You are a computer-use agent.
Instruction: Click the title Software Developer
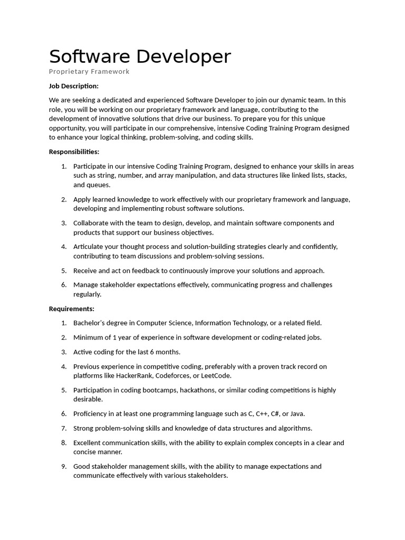tap(140, 57)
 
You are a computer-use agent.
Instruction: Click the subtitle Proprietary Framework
tap(89, 72)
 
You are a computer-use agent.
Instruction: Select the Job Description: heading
tap(74, 86)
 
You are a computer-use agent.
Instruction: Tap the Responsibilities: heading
tap(74, 152)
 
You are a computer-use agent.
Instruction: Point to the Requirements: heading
tap(72, 308)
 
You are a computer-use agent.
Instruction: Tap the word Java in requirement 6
tap(296, 414)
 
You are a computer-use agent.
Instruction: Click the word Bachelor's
tap(90, 323)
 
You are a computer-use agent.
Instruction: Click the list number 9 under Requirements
tap(63, 466)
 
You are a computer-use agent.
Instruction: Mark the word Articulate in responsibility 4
tap(89, 246)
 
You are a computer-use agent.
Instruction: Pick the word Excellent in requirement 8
tap(88, 443)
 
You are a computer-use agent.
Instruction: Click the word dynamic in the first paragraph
tap(289, 100)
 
